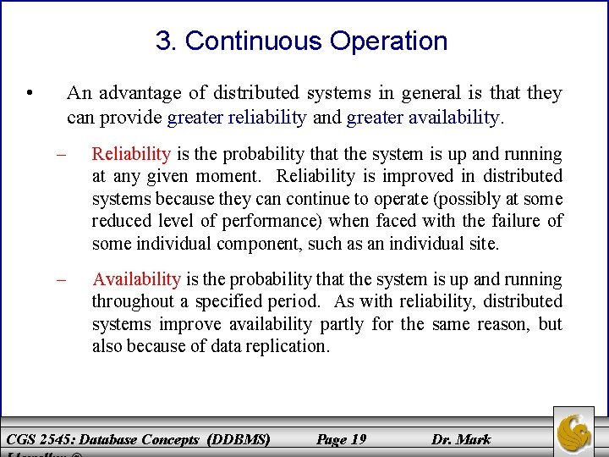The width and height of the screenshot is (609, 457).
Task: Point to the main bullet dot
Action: (x=30, y=93)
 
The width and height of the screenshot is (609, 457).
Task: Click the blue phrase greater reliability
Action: (x=237, y=117)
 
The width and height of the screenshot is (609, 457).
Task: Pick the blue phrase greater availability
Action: (x=424, y=117)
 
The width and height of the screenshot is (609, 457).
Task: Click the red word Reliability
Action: (x=131, y=154)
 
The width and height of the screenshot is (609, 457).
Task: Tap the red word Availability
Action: (x=136, y=279)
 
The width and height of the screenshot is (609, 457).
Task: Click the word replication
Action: (x=285, y=346)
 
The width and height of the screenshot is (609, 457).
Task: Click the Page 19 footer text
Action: (x=341, y=439)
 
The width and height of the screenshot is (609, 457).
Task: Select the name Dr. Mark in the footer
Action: (x=461, y=439)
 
